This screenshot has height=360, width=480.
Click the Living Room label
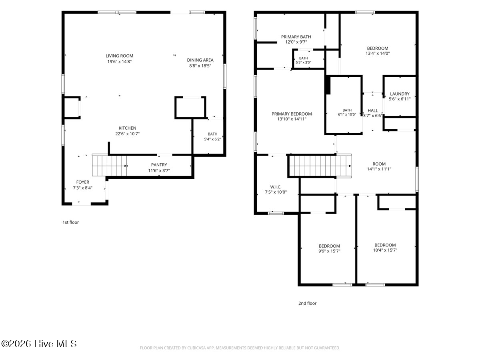pyautogui.click(x=119, y=56)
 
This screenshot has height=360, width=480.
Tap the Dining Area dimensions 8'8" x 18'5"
pyautogui.click(x=200, y=66)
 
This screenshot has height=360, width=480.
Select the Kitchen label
pyautogui.click(x=128, y=128)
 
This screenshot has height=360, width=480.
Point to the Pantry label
pyautogui.click(x=159, y=165)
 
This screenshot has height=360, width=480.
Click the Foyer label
pyautogui.click(x=83, y=182)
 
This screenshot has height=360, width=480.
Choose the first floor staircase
pyautogui.click(x=109, y=165)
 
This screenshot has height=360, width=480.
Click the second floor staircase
pyautogui.click(x=320, y=166)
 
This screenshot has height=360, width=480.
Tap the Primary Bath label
pyautogui.click(x=296, y=37)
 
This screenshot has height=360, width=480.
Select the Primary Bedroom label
pyautogui.click(x=292, y=114)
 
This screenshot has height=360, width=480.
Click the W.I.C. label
pyautogui.click(x=276, y=187)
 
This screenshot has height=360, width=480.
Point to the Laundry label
pyautogui.click(x=400, y=94)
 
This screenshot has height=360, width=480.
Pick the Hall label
pyautogui.click(x=373, y=111)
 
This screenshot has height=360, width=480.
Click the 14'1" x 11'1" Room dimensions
pyautogui.click(x=379, y=169)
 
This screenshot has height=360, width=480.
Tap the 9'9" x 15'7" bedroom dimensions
pyautogui.click(x=329, y=251)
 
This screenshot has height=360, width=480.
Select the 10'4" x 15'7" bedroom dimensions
pyautogui.click(x=385, y=250)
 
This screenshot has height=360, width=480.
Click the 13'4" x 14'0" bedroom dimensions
pyautogui.click(x=378, y=53)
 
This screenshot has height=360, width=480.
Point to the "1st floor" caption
pyautogui.click(x=71, y=222)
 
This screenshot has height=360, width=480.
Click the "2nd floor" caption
pyautogui.click(x=308, y=303)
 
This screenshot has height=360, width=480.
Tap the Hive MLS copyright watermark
pyautogui.click(x=39, y=344)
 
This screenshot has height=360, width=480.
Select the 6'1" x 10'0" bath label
pyautogui.click(x=347, y=114)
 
